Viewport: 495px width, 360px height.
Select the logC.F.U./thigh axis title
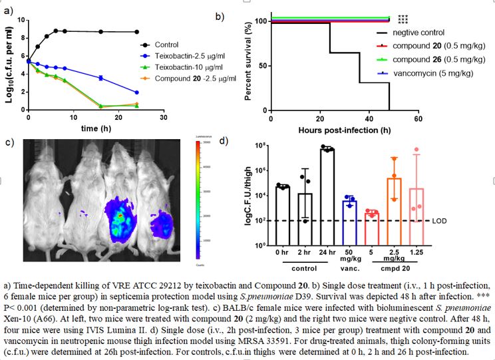[x=248, y=192]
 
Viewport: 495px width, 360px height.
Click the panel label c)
[x=9, y=140]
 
